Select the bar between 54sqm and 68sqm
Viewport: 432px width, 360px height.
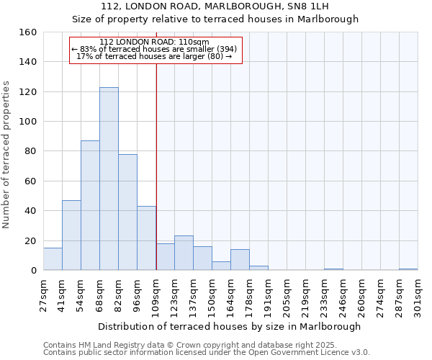point(90,205)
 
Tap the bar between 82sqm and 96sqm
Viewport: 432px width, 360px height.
point(127,212)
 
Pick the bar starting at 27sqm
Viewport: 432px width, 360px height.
point(53,259)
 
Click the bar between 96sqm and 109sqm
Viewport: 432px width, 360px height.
point(146,238)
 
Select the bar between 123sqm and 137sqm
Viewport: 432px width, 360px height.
point(184,253)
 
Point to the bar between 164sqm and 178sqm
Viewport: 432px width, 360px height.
point(240,260)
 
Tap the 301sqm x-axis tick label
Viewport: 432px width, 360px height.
point(418,297)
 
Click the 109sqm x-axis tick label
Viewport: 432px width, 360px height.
point(156,297)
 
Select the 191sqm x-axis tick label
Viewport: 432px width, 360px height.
point(268,297)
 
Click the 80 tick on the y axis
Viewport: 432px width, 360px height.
point(30,151)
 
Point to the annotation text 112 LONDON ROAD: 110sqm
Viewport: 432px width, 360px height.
point(154,42)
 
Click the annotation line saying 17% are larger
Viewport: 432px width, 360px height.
point(154,56)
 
